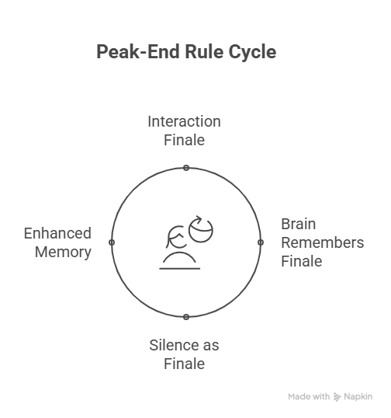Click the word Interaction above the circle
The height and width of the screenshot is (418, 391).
click(184, 121)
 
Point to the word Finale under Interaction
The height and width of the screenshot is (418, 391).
click(184, 140)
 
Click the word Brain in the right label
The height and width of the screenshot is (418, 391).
click(299, 224)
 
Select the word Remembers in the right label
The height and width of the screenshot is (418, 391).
click(323, 242)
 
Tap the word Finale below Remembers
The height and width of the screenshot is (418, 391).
click(302, 261)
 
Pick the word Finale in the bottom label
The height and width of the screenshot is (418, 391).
click(184, 364)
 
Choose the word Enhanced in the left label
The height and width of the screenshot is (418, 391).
click(57, 233)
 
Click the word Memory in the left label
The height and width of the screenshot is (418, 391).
click(63, 253)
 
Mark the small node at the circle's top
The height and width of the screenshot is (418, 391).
click(186, 168)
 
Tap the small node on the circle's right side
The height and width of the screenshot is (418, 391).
click(261, 242)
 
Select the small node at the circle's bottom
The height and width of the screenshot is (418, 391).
click(186, 317)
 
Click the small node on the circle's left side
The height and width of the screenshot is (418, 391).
click(112, 242)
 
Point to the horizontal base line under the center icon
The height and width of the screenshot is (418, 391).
click(180, 269)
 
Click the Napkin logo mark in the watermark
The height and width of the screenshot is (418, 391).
click(337, 397)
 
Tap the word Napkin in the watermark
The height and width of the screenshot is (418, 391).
click(358, 397)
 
